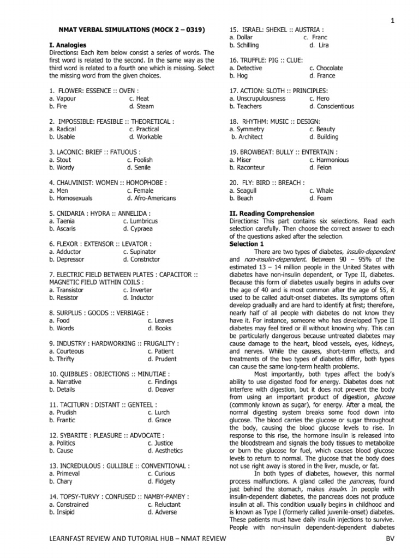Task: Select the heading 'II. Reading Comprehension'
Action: pos(272,214)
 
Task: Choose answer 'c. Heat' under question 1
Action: pos(139,99)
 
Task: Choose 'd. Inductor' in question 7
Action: pos(139,298)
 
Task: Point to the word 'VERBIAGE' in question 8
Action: pos(129,313)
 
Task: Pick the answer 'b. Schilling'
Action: pos(244,45)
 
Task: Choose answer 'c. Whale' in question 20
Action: pos(321,191)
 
